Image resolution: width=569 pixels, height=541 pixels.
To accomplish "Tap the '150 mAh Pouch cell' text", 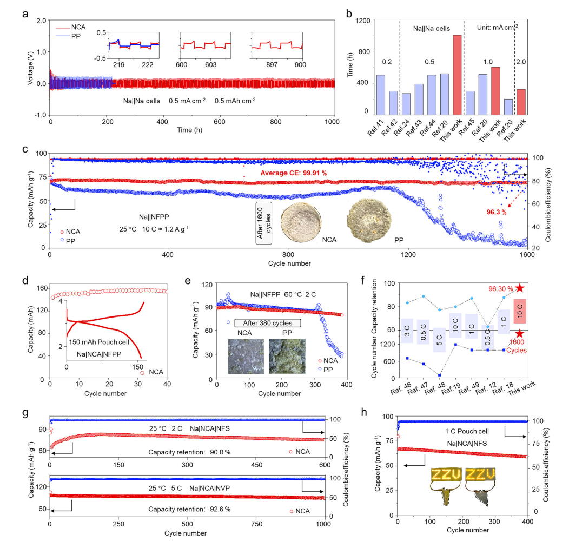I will point(98,342).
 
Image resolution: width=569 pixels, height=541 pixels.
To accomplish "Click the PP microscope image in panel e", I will point(287,354).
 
